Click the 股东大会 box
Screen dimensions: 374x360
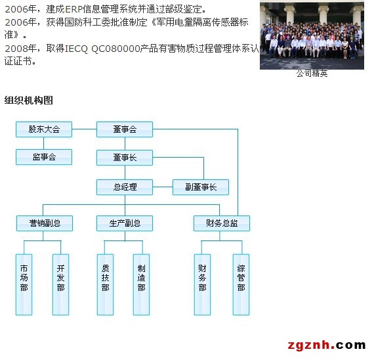pyautogui.click(x=44, y=129)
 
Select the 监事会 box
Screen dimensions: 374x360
pyautogui.click(x=44, y=157)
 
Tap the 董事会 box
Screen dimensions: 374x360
pyautogui.click(x=125, y=129)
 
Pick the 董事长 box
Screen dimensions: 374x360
pyautogui.click(x=125, y=158)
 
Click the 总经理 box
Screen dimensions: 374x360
pyautogui.click(x=125, y=187)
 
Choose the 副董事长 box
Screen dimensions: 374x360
pyautogui.click(x=201, y=187)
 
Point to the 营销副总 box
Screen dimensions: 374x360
pyautogui.click(x=45, y=223)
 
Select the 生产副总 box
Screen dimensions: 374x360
pyautogui.click(x=125, y=223)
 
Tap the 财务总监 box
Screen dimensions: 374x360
pyautogui.click(x=222, y=223)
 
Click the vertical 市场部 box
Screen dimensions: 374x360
pyautogui.click(x=24, y=284)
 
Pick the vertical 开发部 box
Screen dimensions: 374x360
pyautogui.click(x=60, y=284)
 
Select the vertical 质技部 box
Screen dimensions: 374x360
pyautogui.click(x=105, y=284)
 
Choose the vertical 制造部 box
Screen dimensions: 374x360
pyautogui.click(x=142, y=284)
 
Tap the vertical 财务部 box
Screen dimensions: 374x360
pyautogui.click(x=202, y=284)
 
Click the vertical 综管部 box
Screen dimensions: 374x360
pyautogui.click(x=241, y=284)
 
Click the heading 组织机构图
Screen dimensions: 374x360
pyautogui.click(x=29, y=101)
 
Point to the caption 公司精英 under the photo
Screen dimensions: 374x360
pyautogui.click(x=312, y=74)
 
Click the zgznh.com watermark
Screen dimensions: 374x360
pyautogui.click(x=327, y=346)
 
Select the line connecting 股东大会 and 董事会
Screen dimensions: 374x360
pyautogui.click(x=84, y=129)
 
